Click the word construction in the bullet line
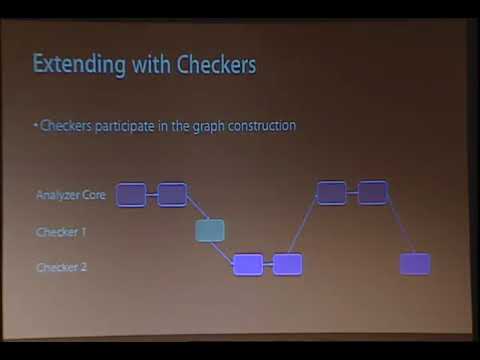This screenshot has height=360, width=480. click(261, 127)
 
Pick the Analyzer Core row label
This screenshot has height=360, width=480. click(70, 195)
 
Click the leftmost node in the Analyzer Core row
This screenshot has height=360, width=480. click(131, 194)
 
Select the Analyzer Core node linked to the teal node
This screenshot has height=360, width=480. click(172, 194)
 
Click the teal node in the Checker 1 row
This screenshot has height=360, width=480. click(209, 231)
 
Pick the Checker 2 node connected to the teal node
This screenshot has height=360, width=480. click(247, 265)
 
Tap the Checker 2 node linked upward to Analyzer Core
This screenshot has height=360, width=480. click(288, 265)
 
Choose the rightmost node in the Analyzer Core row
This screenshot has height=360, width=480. click(372, 192)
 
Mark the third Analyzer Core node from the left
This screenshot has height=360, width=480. click(331, 192)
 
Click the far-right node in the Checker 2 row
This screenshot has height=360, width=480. click(414, 264)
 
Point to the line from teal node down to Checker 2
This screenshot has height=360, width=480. click(228, 249)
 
